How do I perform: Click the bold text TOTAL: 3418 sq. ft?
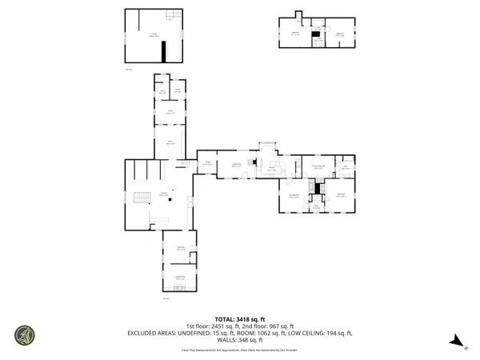coord(240,319)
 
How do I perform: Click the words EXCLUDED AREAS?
coord(155,332)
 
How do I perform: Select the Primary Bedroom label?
coord(318,167)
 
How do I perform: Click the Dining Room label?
coord(294,196)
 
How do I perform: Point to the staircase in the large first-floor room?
coord(143,198)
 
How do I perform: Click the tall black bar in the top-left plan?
coord(164,51)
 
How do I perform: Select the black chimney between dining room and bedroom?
coord(318,188)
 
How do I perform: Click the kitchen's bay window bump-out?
coord(266,146)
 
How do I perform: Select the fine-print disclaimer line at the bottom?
coord(240,350)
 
